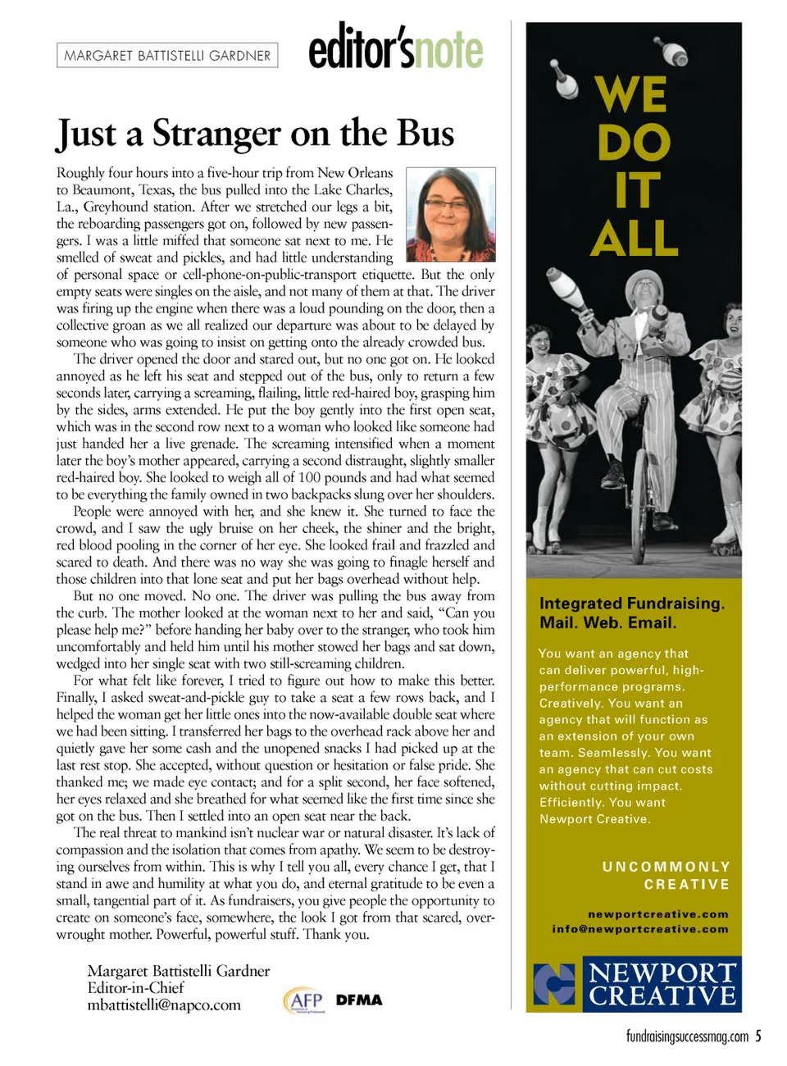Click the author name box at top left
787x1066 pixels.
(x=167, y=55)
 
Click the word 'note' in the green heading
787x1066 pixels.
(x=448, y=51)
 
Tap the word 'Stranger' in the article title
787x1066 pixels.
(x=216, y=134)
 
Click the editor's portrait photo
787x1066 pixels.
(x=451, y=214)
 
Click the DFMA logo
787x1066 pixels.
(x=359, y=1000)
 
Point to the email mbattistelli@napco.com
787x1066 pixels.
(x=164, y=1005)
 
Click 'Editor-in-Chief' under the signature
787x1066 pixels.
(x=135, y=988)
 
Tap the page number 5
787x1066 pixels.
(x=758, y=1036)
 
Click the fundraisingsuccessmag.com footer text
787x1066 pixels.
(x=687, y=1036)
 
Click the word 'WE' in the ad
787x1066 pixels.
(x=630, y=94)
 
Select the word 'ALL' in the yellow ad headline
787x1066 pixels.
(x=634, y=239)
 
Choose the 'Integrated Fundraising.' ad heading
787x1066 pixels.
(x=632, y=604)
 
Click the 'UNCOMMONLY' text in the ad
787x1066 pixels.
(x=666, y=867)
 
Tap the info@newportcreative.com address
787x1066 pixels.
(x=640, y=929)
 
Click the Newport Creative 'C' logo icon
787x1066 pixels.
(x=554, y=984)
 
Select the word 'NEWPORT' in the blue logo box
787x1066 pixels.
(x=662, y=973)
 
